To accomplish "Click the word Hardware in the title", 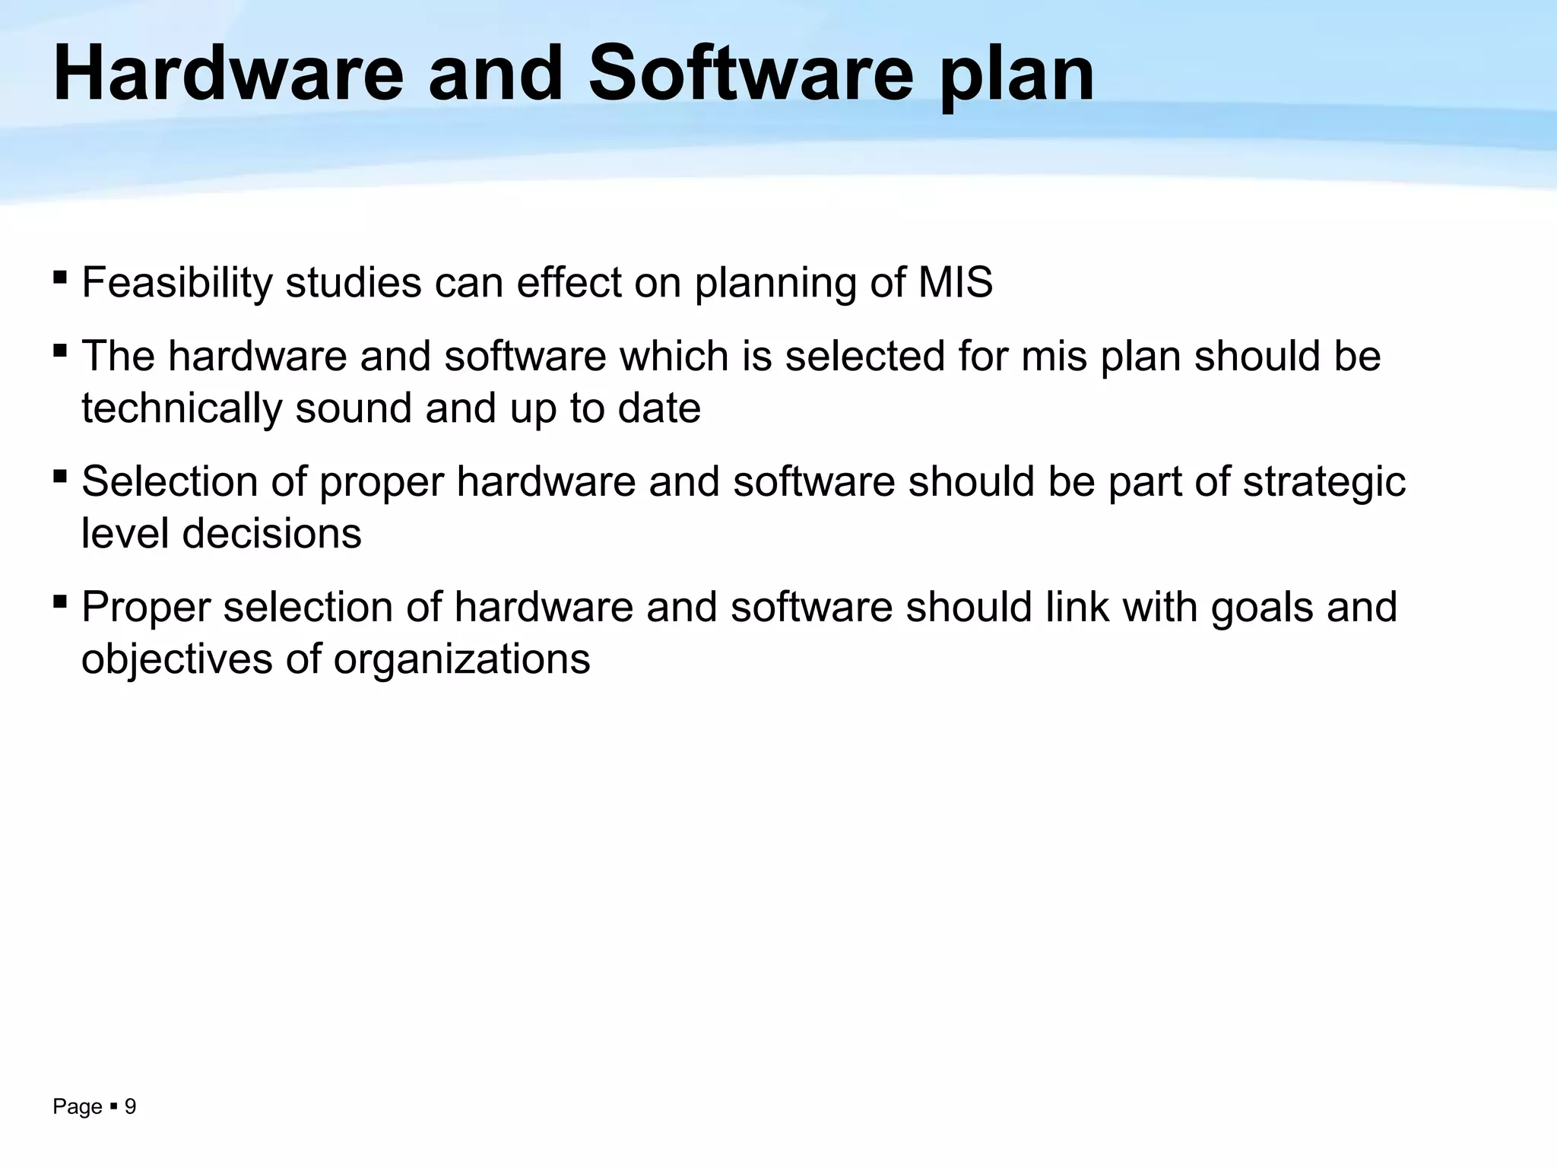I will coord(228,74).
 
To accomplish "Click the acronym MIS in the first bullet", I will coord(955,283).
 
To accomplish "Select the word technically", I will coord(182,409).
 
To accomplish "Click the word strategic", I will coord(1324,482).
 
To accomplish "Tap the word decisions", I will coord(271,534).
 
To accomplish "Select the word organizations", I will coord(461,659).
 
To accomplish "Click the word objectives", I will coord(176,659).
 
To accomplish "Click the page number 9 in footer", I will coord(130,1106).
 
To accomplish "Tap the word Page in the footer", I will coord(77,1107).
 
